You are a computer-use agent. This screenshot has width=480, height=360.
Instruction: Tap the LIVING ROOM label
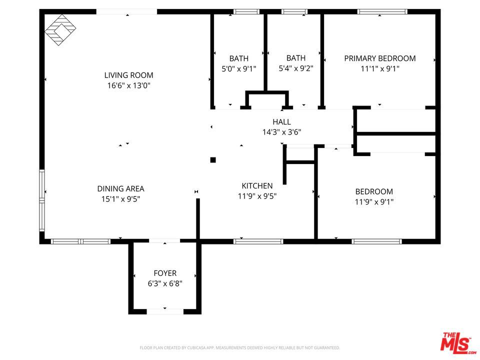(x=128, y=75)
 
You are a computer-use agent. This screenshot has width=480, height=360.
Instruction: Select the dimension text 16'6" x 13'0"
(x=128, y=85)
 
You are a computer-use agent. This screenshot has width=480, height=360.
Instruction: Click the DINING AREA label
(x=120, y=188)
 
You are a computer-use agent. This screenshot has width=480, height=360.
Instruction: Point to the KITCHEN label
(x=257, y=185)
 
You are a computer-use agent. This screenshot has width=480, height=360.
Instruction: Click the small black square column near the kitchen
(x=213, y=160)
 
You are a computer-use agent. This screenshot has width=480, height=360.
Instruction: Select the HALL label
(x=281, y=121)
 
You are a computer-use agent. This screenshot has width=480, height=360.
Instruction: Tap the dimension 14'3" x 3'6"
(x=281, y=132)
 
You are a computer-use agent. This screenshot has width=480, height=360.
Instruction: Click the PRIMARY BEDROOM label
(x=379, y=58)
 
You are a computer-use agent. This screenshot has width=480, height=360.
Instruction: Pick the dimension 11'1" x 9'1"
(x=379, y=69)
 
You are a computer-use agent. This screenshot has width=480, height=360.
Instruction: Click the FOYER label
(x=165, y=273)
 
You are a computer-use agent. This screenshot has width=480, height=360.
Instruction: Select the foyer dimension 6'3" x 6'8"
(x=165, y=283)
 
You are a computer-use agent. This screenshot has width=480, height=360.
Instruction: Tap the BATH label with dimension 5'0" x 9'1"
(x=239, y=58)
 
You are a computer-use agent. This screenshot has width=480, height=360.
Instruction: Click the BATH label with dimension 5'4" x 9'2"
(x=295, y=58)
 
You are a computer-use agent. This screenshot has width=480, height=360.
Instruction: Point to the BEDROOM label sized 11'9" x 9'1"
(x=374, y=191)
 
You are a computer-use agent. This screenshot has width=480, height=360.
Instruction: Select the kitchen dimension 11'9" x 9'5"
(x=257, y=196)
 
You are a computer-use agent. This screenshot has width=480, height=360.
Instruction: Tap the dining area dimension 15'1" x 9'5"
(x=120, y=199)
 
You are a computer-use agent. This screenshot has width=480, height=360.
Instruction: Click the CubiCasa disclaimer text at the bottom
(x=239, y=347)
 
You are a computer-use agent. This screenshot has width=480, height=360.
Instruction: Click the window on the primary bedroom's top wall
(x=382, y=11)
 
